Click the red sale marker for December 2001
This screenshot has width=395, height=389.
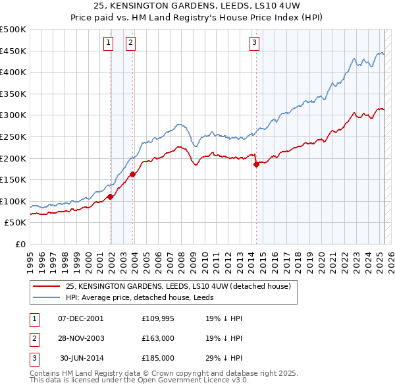click(x=111, y=196)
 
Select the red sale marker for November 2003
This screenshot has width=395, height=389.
click(x=133, y=174)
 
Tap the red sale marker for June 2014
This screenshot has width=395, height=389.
click(x=256, y=165)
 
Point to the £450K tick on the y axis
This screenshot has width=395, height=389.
click(x=13, y=51)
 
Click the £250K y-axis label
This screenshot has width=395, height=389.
click(x=13, y=136)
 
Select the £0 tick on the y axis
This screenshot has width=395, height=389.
click(x=21, y=244)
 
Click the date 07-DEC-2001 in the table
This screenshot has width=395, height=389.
click(x=81, y=318)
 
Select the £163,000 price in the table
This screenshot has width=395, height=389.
click(x=158, y=338)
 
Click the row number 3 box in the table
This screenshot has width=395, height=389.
click(x=34, y=358)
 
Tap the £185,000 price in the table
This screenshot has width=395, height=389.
click(x=158, y=358)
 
